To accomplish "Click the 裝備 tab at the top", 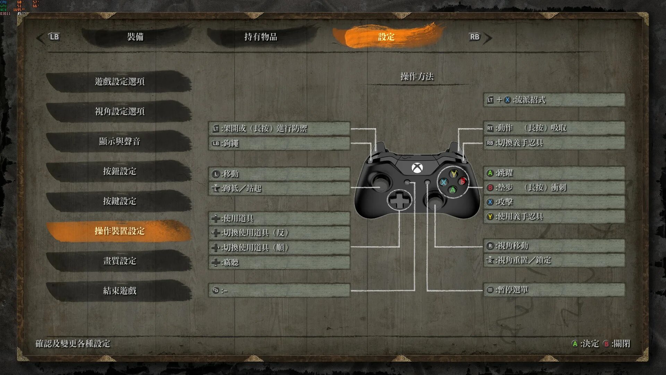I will (135, 37).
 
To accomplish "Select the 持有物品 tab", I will (261, 37).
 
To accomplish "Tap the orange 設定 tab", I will (386, 37).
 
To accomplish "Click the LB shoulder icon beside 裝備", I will (54, 37).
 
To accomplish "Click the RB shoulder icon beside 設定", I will (475, 37).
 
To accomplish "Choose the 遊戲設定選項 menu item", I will (119, 82).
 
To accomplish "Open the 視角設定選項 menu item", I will (119, 111).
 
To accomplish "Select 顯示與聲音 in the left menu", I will (119, 141).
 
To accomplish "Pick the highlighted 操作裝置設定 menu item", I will (119, 231).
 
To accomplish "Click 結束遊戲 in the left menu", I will (119, 291).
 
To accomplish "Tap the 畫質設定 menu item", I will (119, 261).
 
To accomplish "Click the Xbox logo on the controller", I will (417, 168).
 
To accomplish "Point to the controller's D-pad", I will (400, 200).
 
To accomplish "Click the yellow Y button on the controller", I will (453, 174).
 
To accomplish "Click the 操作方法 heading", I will (417, 76).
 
